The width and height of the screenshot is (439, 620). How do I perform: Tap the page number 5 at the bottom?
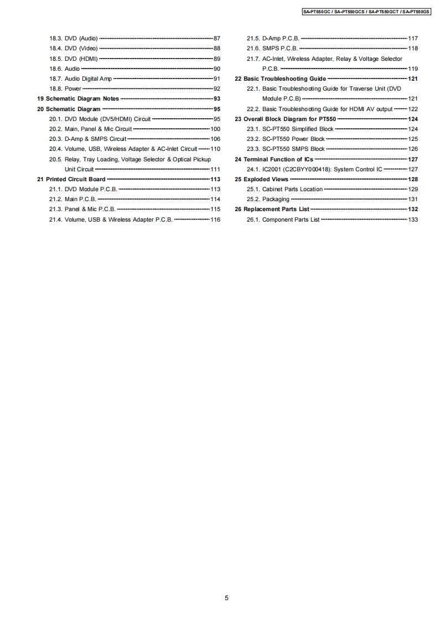pos(226,598)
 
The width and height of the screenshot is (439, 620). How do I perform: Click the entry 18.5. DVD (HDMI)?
pos(73,59)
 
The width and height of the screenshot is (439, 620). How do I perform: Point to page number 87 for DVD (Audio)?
pos(216,39)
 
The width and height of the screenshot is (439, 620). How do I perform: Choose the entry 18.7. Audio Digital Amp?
pos(80,79)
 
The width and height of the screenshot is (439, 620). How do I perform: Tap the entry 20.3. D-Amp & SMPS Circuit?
pos(87,139)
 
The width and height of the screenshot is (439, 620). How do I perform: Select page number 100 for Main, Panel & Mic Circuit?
pos(215,129)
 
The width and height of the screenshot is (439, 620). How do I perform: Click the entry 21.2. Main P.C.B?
pos(73,199)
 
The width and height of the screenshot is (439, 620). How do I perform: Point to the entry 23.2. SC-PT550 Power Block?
pos(286,139)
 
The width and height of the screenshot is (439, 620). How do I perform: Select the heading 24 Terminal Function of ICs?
pos(274,159)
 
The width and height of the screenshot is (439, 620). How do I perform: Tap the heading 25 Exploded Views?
pos(262,180)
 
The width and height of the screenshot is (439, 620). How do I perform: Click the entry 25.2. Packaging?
pos(268,199)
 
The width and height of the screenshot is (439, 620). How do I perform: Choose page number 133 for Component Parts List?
pos(412,220)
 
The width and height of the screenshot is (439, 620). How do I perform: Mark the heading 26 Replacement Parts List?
pos(272,209)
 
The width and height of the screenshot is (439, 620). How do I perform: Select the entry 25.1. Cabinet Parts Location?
pos(285,190)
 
